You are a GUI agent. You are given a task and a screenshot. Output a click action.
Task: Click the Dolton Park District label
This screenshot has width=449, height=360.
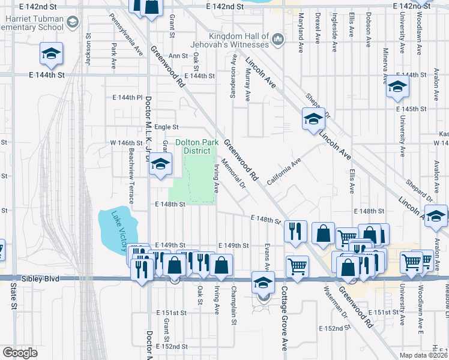point(197,146)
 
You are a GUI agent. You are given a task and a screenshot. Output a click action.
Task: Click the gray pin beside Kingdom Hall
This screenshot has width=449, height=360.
point(277,40)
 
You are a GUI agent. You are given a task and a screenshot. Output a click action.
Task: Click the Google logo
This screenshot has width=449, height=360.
point(20,353)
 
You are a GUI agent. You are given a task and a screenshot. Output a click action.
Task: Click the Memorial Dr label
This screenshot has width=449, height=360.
point(234,173)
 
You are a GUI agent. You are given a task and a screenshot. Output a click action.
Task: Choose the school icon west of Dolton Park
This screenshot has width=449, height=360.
point(160,164)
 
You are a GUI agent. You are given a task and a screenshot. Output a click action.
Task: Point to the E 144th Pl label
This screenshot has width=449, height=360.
point(127,97)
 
